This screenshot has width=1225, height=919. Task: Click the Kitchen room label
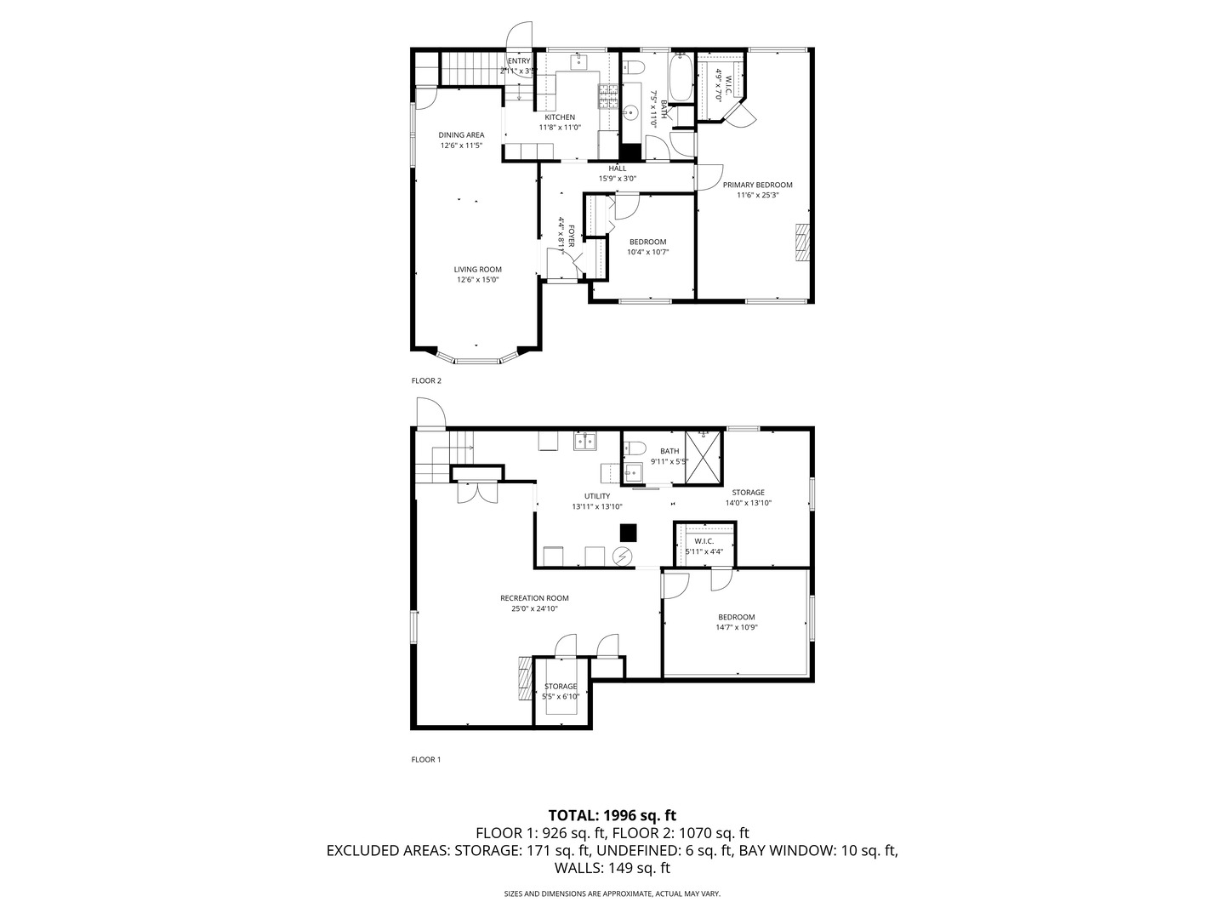560,117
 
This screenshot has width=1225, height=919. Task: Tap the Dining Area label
461,135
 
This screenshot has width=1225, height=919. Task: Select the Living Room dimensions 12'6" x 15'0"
477,280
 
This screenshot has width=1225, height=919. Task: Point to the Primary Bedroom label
757,185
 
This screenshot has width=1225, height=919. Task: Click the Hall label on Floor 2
617,168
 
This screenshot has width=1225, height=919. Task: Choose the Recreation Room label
534,598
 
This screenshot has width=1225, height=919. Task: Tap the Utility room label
596,496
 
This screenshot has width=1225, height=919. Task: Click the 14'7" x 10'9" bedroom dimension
736,628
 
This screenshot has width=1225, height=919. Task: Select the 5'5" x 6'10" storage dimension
561,697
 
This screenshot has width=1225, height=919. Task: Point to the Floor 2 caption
426,381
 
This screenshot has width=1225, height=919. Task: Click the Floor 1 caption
426,760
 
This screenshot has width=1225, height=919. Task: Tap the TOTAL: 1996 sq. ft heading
612,815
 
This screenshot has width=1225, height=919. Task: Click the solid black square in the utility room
628,532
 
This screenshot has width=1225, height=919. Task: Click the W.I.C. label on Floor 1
704,541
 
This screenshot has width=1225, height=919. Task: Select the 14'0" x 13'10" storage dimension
748,503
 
